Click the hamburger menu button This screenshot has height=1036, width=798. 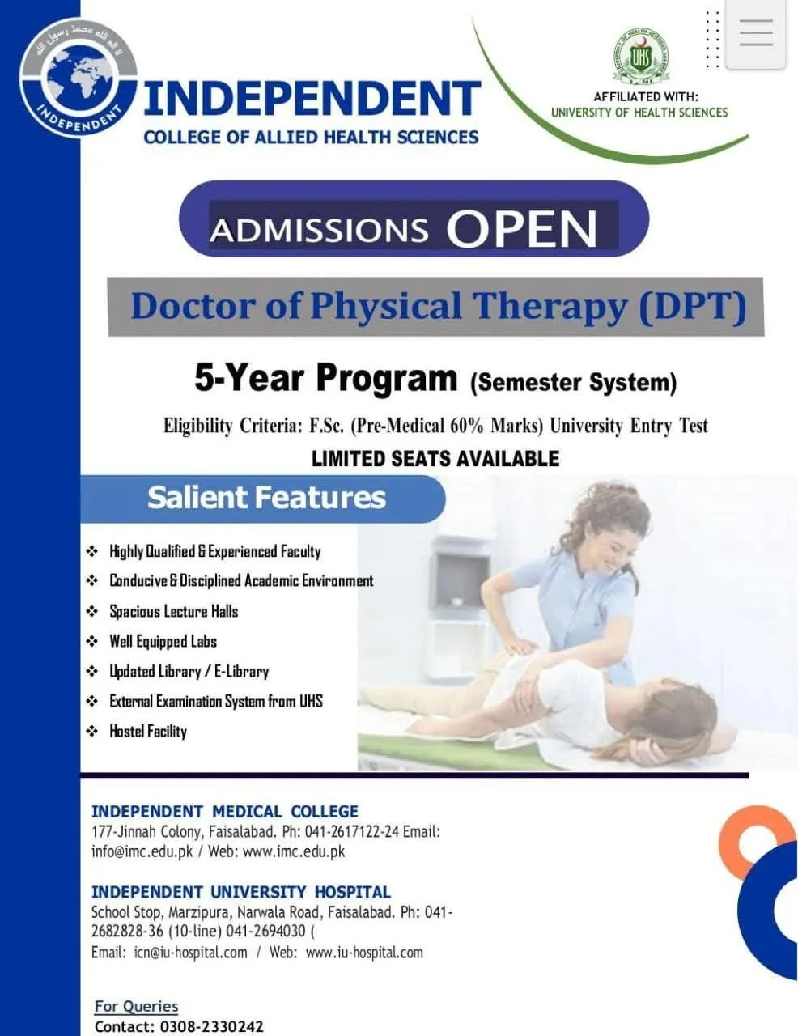pyautogui.click(x=756, y=34)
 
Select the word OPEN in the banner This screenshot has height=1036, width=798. pyautogui.click(x=521, y=230)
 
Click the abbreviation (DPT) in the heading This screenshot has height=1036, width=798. pyautogui.click(x=692, y=307)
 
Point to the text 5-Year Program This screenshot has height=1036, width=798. pyautogui.click(x=325, y=378)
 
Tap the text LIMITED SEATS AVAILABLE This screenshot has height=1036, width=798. pyautogui.click(x=435, y=459)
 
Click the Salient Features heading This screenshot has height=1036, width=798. pyautogui.click(x=266, y=497)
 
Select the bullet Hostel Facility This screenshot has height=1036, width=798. pyautogui.click(x=148, y=732)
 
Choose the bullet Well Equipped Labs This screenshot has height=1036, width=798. pyautogui.click(x=163, y=642)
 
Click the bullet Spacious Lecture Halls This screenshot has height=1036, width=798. pyautogui.click(x=173, y=612)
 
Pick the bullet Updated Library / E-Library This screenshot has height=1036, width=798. pyautogui.click(x=189, y=672)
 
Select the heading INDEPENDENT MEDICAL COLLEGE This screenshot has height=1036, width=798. pyautogui.click(x=224, y=812)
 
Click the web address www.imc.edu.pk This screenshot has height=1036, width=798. pyautogui.click(x=294, y=851)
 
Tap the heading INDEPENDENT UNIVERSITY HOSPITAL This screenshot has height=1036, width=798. pyautogui.click(x=240, y=892)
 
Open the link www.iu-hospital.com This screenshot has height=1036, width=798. pyautogui.click(x=364, y=953)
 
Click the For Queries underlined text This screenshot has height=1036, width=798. pyautogui.click(x=136, y=1006)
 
